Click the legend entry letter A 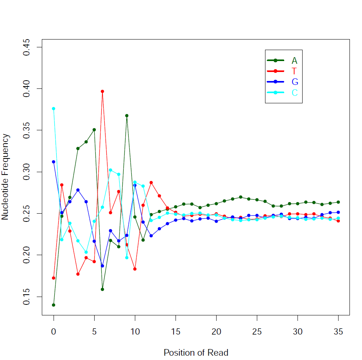click(294, 60)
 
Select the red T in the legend click(294, 71)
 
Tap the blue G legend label click(295, 82)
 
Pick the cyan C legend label click(295, 93)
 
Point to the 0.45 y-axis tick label click(27, 47)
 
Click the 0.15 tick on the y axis click(27, 297)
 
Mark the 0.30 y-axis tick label click(27, 172)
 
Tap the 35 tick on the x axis click(339, 331)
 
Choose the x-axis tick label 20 click(216, 331)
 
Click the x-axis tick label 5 click(94, 331)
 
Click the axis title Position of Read click(195, 352)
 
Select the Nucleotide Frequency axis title click(5, 177)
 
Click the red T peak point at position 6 click(102, 91)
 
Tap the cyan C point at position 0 click(54, 108)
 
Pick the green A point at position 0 click(54, 305)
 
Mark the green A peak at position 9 click(127, 115)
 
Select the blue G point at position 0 click(54, 162)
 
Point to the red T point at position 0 click(54, 278)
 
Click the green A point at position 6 click(102, 289)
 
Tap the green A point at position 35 click(339, 202)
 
